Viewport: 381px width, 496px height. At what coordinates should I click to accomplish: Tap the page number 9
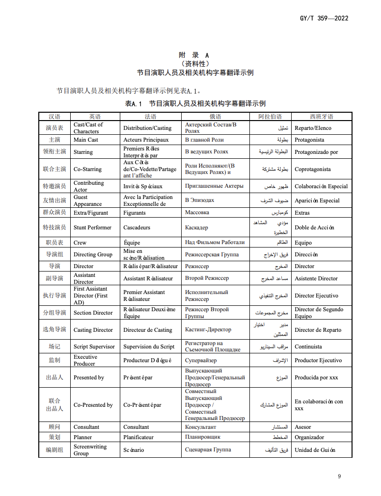pos(339,476)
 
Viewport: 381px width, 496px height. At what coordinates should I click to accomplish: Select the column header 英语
pos(95,117)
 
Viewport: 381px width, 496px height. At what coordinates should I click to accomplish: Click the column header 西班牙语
pos(321,117)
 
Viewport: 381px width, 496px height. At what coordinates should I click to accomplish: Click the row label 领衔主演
pos(54,152)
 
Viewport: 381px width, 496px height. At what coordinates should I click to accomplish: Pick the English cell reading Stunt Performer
pos(92,227)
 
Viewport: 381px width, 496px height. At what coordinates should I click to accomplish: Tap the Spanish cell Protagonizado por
pos(316,152)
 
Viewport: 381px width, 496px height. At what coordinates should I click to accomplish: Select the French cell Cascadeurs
pos(138,227)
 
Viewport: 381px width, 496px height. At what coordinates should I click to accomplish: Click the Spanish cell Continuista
pos(308,347)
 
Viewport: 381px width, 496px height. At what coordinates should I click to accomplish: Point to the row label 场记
pos(54,347)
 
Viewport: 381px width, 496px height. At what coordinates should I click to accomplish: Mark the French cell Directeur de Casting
pos(148,330)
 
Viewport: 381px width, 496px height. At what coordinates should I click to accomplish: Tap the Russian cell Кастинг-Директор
pos(208,330)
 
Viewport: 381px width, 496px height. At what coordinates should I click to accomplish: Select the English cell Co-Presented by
pos(93,405)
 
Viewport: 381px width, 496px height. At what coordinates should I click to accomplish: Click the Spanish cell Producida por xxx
pos(316,378)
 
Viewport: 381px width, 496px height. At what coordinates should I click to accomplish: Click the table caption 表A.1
pos(133,103)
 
